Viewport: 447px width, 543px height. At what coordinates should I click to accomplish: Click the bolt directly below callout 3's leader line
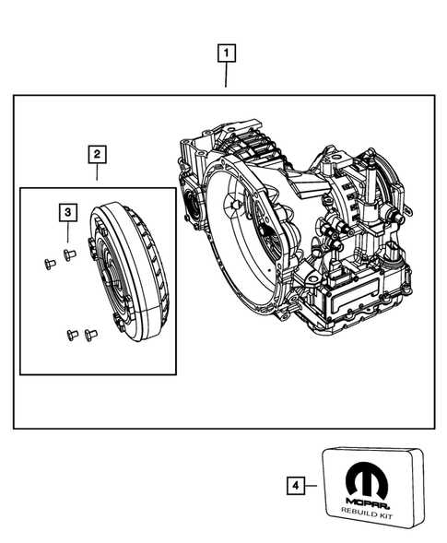click(x=68, y=254)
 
